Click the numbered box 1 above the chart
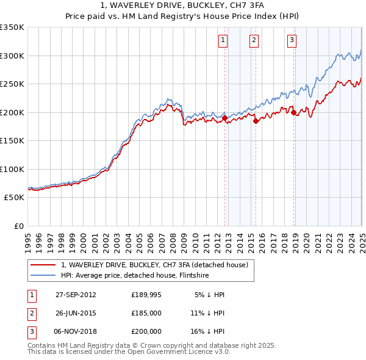pyautogui.click(x=223, y=41)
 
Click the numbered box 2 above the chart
pyautogui.click(x=253, y=41)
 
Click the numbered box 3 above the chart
pyautogui.click(x=292, y=41)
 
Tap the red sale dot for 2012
pyautogui.click(x=225, y=118)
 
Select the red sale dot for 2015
pyautogui.click(x=256, y=121)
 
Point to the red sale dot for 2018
pyautogui.click(x=294, y=112)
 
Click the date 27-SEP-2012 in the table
pyautogui.click(x=76, y=295)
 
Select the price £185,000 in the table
pyautogui.click(x=146, y=313)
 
